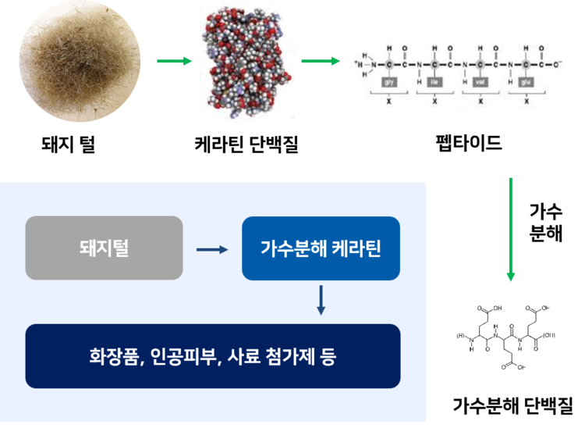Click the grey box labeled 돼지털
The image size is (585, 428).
pos(104,248)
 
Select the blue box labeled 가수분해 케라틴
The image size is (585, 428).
pos(321,248)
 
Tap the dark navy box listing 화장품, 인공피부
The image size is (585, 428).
pos(212,356)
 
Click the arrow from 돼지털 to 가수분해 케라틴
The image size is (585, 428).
pos(211,249)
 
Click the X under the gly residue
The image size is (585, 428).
pos(389,102)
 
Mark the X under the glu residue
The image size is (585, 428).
pos(526,102)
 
